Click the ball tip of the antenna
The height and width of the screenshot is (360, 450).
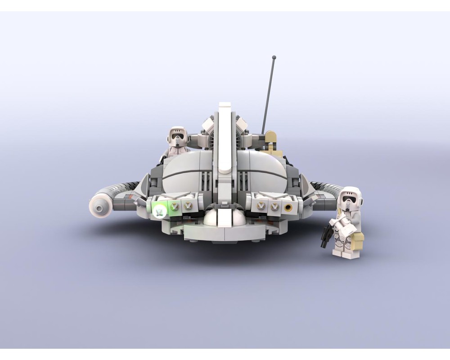274,57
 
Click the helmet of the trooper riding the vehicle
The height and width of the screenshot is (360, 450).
177,135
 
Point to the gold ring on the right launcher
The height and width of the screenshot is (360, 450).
288,207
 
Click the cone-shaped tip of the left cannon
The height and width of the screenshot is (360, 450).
98,206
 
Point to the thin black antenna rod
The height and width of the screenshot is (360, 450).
269,94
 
